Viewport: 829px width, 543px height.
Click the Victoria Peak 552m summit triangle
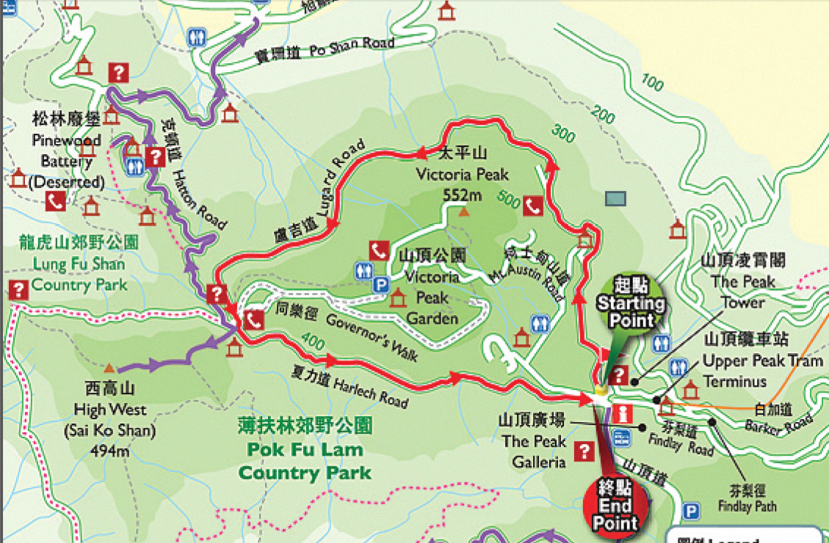[463, 212]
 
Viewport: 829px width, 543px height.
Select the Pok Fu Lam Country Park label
[305, 449]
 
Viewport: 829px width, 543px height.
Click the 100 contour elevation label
[651, 82]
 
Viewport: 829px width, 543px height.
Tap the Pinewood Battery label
[66, 150]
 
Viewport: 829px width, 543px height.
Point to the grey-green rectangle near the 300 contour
[615, 198]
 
